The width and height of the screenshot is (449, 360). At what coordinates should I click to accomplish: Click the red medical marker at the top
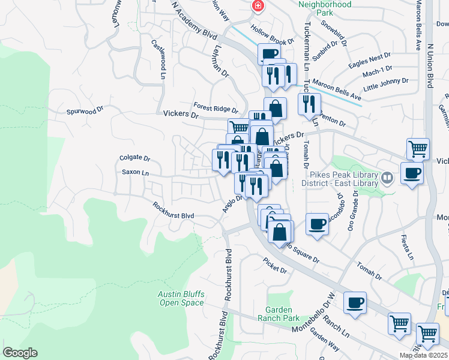pos(258,6)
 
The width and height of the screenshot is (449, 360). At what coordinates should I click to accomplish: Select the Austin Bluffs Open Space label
pos(182,298)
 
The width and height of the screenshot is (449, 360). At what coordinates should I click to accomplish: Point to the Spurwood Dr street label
pos(85,111)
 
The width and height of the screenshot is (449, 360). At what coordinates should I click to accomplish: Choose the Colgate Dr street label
pos(134,158)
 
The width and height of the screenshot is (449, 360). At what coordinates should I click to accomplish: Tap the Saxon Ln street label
pos(134,172)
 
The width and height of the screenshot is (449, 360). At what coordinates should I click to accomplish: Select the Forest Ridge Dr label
pos(215,109)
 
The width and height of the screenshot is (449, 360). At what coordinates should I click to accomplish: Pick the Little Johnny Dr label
pos(386,83)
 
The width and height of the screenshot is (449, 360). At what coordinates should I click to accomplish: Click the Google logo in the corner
pos(20,353)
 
